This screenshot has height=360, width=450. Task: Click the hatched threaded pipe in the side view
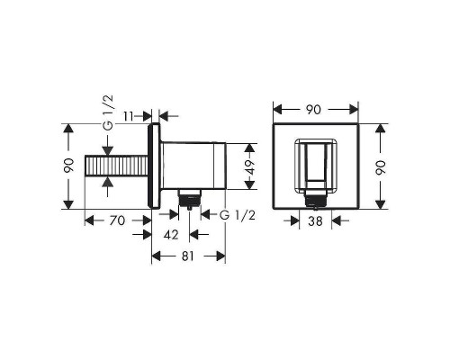point(118,168)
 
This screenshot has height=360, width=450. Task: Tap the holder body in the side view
point(192,164)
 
